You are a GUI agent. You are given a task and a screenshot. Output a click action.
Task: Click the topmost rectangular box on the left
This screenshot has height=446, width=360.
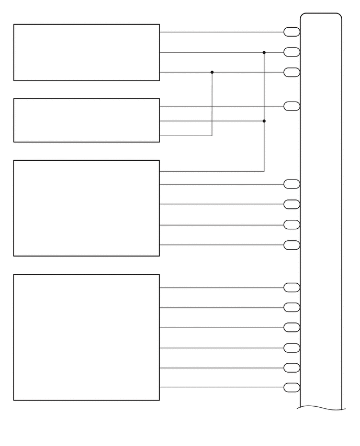(86, 52)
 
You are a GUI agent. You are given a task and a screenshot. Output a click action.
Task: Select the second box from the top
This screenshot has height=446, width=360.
(86, 120)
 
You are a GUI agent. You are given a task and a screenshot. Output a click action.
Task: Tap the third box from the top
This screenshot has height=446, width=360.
(86, 208)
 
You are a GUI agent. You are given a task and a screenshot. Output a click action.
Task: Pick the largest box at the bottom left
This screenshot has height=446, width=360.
(86, 337)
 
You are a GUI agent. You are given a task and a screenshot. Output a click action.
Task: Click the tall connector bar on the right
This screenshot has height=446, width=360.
(321, 209)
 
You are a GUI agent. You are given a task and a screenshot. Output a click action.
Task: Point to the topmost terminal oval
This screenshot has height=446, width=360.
(291, 32)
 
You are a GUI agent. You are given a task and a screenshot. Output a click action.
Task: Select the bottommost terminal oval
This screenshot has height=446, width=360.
(291, 387)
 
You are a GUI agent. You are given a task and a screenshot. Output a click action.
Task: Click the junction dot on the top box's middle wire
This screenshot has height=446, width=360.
(264, 52)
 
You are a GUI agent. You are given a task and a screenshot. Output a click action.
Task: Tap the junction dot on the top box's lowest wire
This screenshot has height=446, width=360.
(212, 72)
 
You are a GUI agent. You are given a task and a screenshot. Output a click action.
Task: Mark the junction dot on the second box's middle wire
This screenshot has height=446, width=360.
(264, 121)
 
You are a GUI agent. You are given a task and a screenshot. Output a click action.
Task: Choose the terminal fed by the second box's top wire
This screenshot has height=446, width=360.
(291, 106)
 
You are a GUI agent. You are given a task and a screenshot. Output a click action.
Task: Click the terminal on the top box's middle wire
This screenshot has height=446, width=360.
(291, 52)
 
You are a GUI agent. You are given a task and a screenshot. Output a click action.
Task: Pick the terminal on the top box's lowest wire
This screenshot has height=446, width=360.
(291, 72)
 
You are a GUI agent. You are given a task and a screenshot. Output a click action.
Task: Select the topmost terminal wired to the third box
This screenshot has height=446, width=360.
(291, 184)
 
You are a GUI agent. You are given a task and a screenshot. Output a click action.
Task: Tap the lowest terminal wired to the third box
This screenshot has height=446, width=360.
(291, 244)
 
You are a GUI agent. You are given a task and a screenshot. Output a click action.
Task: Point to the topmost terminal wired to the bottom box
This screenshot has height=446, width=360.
(291, 287)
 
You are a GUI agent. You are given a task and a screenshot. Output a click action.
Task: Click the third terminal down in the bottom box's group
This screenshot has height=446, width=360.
(291, 328)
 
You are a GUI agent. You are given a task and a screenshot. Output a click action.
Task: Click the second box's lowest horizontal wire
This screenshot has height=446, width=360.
(186, 136)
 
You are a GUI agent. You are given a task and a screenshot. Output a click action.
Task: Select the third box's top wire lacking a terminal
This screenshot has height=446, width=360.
(209, 171)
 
